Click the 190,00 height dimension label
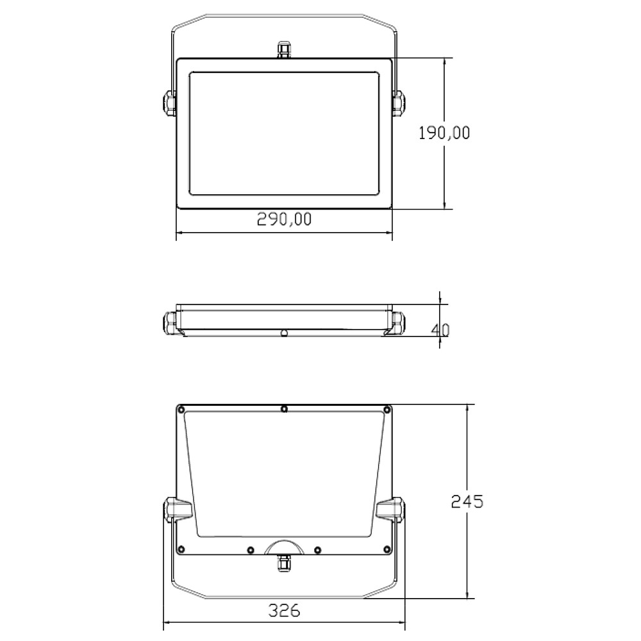click(x=444, y=133)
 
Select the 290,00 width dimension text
click(x=284, y=219)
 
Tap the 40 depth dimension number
click(x=440, y=330)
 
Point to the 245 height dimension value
click(x=467, y=501)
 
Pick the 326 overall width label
click(x=284, y=610)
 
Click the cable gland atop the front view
click(x=284, y=49)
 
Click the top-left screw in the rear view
click(x=182, y=409)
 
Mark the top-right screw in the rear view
click(x=387, y=409)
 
